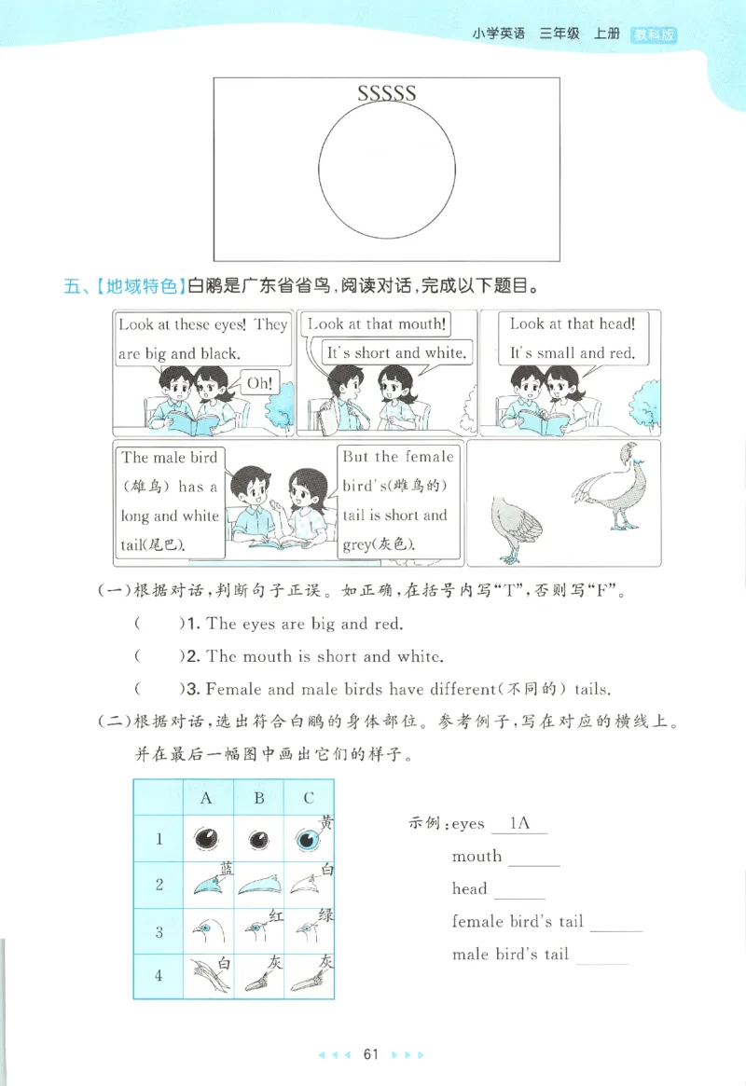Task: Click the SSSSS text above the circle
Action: coord(386,92)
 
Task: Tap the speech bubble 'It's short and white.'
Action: coord(395,352)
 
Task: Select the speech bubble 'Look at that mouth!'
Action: coord(377,324)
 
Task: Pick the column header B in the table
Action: coord(259,798)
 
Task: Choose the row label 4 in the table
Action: coord(159,975)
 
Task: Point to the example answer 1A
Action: coord(519,823)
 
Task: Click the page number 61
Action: coord(371,1054)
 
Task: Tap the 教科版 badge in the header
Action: coord(653,34)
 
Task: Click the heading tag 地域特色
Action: coord(139,286)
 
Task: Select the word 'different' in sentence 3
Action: coord(449,690)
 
